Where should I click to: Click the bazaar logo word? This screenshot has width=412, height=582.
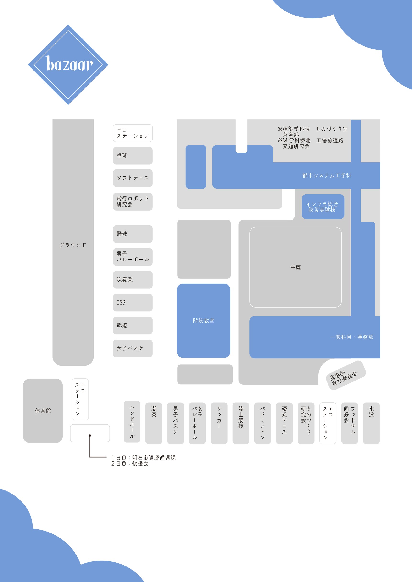point(69,64)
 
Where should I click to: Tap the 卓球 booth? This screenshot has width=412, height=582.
point(133,156)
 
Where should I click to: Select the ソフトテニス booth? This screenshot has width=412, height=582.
point(133,178)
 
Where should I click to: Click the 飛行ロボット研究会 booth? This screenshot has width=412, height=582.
point(133,201)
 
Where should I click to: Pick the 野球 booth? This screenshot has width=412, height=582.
point(133,234)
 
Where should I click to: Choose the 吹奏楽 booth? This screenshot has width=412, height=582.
point(133,280)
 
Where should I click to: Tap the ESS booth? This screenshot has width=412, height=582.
point(133,302)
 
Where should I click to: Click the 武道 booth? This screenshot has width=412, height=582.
point(133,325)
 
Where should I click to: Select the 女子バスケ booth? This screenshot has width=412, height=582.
point(133,348)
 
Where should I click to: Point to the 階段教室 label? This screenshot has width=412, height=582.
point(203,321)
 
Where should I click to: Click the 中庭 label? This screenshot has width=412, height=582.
point(295,267)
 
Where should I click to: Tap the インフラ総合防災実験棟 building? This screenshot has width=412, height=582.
point(323,207)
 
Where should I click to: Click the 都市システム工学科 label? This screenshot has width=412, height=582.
point(327,175)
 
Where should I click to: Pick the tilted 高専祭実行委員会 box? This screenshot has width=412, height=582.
point(345,375)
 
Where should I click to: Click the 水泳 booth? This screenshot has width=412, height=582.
point(371,423)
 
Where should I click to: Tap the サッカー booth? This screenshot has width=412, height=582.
point(219,423)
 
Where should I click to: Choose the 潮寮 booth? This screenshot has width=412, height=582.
point(154,423)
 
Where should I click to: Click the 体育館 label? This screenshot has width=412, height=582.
point(43,411)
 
